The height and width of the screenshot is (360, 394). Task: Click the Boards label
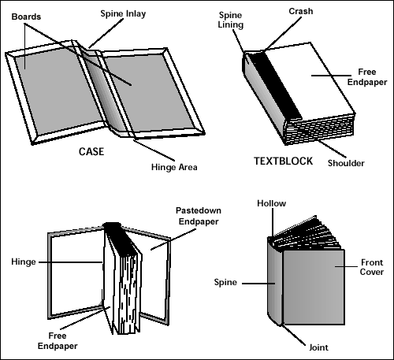coord(26,17)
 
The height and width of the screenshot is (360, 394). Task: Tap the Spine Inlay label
coord(123,14)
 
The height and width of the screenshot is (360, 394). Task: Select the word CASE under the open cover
coord(91,151)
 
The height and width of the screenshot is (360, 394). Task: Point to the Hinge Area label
coord(174,167)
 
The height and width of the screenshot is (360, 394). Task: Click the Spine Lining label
coord(230,20)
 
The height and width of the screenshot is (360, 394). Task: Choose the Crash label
coord(301,11)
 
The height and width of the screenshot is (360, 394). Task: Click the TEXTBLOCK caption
coord(283,161)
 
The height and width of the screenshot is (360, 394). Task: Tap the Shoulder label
coord(346,163)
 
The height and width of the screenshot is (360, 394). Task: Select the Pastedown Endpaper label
coord(199,216)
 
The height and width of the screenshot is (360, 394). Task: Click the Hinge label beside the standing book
coord(24,262)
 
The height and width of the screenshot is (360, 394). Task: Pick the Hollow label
coord(271,203)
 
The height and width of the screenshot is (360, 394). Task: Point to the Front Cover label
coord(372,267)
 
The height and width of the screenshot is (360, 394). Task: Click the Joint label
coord(318,347)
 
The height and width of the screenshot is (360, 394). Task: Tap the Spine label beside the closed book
coord(225,282)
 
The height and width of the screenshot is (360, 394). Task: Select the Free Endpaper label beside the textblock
coord(367,77)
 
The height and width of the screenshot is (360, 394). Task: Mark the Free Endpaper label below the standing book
coord(58,341)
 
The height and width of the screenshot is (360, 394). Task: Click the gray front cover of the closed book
coord(314,287)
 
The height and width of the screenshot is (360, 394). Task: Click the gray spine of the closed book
coord(275,282)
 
